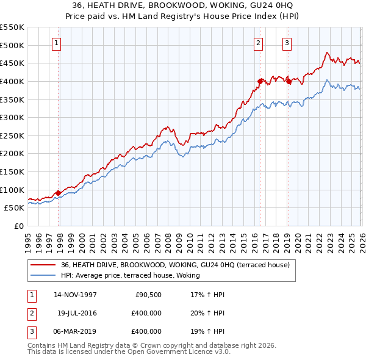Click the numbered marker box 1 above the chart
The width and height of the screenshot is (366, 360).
click(x=56, y=43)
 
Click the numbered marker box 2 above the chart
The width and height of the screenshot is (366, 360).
click(x=259, y=43)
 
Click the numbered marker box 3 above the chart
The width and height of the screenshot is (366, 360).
click(x=287, y=43)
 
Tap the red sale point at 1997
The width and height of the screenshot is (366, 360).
click(x=59, y=193)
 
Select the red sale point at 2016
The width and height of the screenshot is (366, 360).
click(x=260, y=81)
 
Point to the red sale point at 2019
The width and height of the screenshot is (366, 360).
click(x=289, y=81)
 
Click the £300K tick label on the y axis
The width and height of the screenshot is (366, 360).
click(x=12, y=117)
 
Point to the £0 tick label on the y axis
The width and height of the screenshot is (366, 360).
click(x=20, y=226)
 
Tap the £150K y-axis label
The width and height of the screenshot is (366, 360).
click(x=12, y=171)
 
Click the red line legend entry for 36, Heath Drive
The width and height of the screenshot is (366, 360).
click(x=170, y=265)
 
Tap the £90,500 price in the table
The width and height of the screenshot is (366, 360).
click(x=146, y=295)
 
